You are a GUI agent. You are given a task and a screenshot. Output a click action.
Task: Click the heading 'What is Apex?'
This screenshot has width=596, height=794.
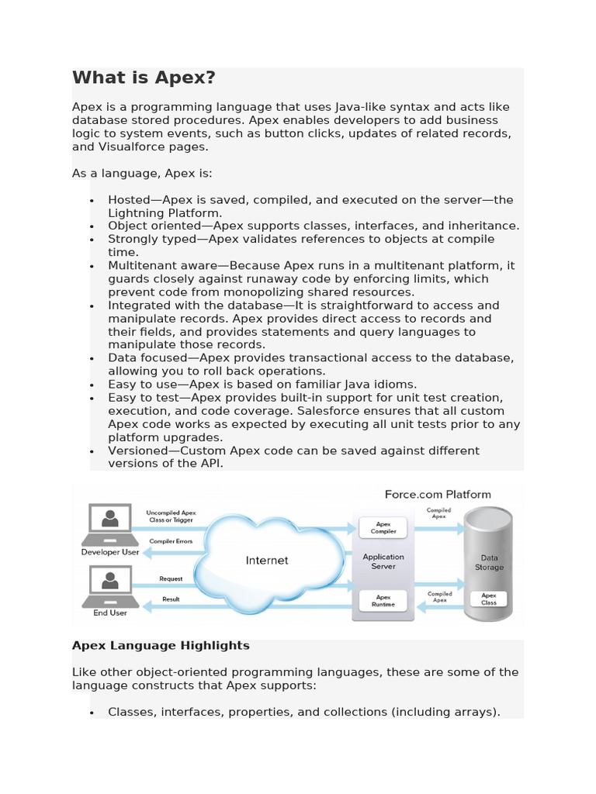click(x=144, y=78)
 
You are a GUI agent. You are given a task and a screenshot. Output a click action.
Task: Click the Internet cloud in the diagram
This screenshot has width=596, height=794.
click(x=267, y=560)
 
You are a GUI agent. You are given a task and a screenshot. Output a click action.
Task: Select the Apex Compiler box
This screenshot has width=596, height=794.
click(x=383, y=527)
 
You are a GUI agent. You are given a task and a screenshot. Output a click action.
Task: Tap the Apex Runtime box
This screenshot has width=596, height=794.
click(x=383, y=601)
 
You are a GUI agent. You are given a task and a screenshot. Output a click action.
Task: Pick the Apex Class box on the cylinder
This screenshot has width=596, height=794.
click(x=488, y=599)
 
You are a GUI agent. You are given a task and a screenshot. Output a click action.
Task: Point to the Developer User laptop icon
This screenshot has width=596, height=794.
click(x=110, y=524)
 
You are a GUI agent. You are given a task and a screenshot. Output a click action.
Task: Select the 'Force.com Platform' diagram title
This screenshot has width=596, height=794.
click(x=438, y=494)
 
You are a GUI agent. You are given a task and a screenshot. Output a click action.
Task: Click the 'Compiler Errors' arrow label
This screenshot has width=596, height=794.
click(x=171, y=541)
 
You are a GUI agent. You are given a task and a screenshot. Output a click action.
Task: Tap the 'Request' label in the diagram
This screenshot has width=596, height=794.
click(x=171, y=579)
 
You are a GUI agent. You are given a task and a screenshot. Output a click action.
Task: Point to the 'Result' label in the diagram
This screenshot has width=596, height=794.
click(x=171, y=599)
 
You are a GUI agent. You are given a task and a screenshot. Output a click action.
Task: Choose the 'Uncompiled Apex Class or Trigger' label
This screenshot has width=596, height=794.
click(x=171, y=516)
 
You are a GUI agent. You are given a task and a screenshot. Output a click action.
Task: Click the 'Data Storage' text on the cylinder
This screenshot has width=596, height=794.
click(x=489, y=562)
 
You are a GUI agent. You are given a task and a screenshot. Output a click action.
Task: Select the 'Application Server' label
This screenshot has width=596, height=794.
click(x=383, y=561)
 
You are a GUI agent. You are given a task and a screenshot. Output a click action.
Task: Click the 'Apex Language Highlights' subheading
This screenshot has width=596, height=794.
click(x=161, y=645)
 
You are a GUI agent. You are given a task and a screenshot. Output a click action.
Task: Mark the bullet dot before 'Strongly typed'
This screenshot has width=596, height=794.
click(x=92, y=240)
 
